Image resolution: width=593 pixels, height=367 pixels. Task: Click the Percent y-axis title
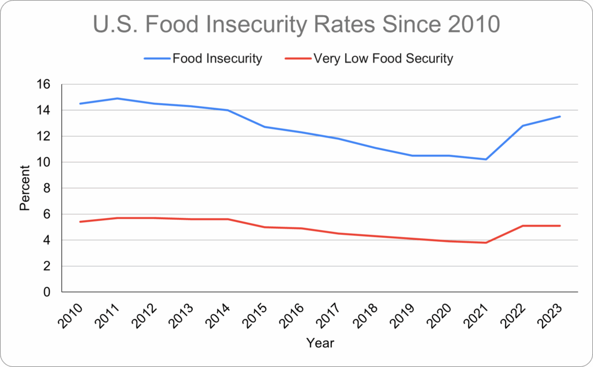coord(25,188)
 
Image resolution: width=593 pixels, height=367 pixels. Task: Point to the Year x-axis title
coord(320,343)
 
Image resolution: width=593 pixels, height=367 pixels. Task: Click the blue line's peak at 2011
coord(117,99)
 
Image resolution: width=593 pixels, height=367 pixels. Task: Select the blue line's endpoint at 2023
coord(560,117)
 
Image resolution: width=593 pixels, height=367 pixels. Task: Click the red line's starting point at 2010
coord(80,221)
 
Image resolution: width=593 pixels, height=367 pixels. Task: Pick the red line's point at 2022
coord(523,226)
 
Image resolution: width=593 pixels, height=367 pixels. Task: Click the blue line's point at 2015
coord(265,127)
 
